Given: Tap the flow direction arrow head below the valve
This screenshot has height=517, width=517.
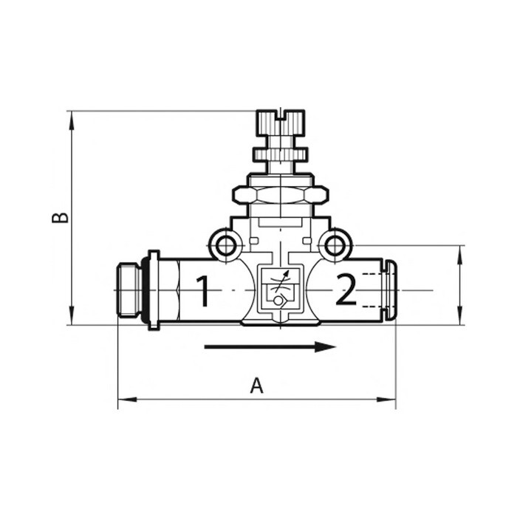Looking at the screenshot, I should (x=325, y=346).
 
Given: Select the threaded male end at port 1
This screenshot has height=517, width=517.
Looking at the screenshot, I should (x=131, y=290).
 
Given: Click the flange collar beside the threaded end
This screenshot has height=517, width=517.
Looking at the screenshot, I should (x=153, y=290).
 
